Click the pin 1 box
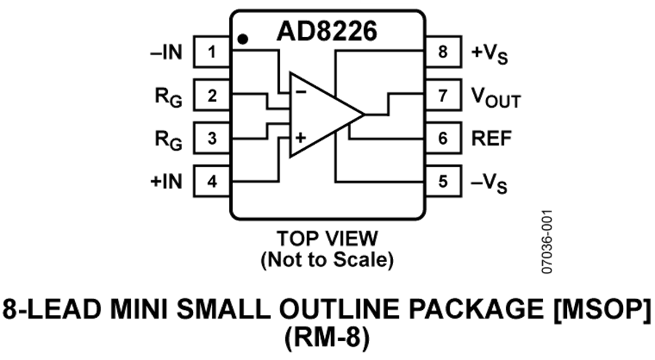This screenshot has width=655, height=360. click(212, 52)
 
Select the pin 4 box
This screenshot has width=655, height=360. click(212, 181)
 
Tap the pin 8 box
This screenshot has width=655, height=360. click(443, 52)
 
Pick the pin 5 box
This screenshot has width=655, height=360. click(443, 181)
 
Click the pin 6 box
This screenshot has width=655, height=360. click(443, 138)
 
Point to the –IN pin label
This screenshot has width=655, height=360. click(166, 52)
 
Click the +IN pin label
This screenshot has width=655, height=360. click(166, 182)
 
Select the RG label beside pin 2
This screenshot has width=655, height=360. click(169, 97)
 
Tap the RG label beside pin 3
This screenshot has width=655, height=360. click(169, 140)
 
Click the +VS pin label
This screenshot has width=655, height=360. click(490, 55)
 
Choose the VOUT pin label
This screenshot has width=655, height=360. click(496, 98)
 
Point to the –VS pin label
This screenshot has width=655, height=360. click(489, 184)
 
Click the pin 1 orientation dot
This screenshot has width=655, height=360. click(242, 39)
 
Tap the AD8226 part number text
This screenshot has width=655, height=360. click(327, 31)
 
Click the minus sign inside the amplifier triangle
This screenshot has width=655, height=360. click(301, 92)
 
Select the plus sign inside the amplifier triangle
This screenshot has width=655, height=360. click(301, 137)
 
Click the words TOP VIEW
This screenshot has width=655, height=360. click(327, 239)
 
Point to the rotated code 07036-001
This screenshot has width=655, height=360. click(547, 241)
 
